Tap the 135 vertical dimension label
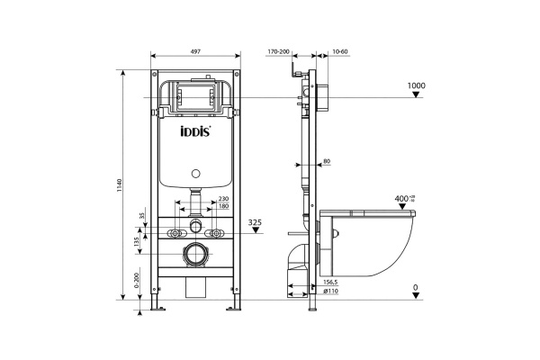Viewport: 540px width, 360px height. click(x=136, y=241)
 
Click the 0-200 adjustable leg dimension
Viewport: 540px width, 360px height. click(x=136, y=282)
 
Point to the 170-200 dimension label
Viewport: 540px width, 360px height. click(x=279, y=52)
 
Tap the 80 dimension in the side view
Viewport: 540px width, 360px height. click(x=327, y=161)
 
